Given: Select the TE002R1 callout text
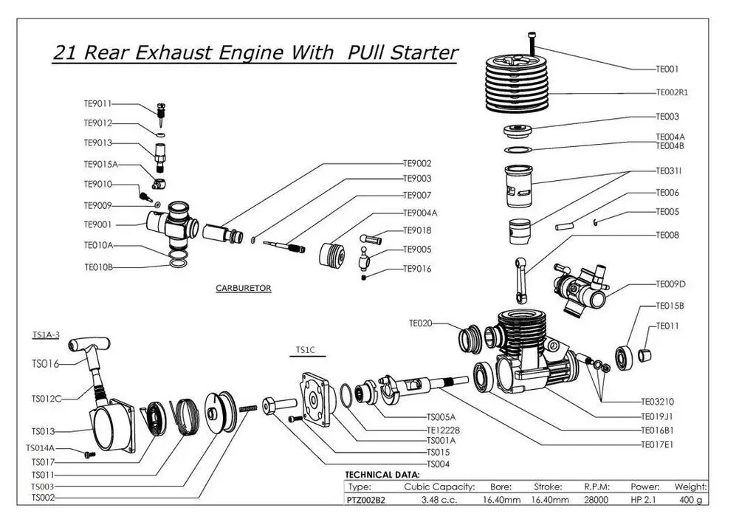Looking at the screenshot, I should click(x=672, y=93).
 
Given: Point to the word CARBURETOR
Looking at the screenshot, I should click(x=243, y=289).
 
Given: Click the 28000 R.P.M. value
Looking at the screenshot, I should click(x=597, y=500).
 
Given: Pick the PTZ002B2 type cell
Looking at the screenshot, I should click(x=365, y=500).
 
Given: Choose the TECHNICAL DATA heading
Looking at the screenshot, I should click(x=382, y=475).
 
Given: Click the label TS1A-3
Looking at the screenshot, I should click(x=46, y=334).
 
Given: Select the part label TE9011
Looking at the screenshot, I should click(x=97, y=105).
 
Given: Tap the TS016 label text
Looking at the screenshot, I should click(x=44, y=364).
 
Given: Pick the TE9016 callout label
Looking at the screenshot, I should click(x=417, y=269).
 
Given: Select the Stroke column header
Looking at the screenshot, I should click(x=548, y=487).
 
